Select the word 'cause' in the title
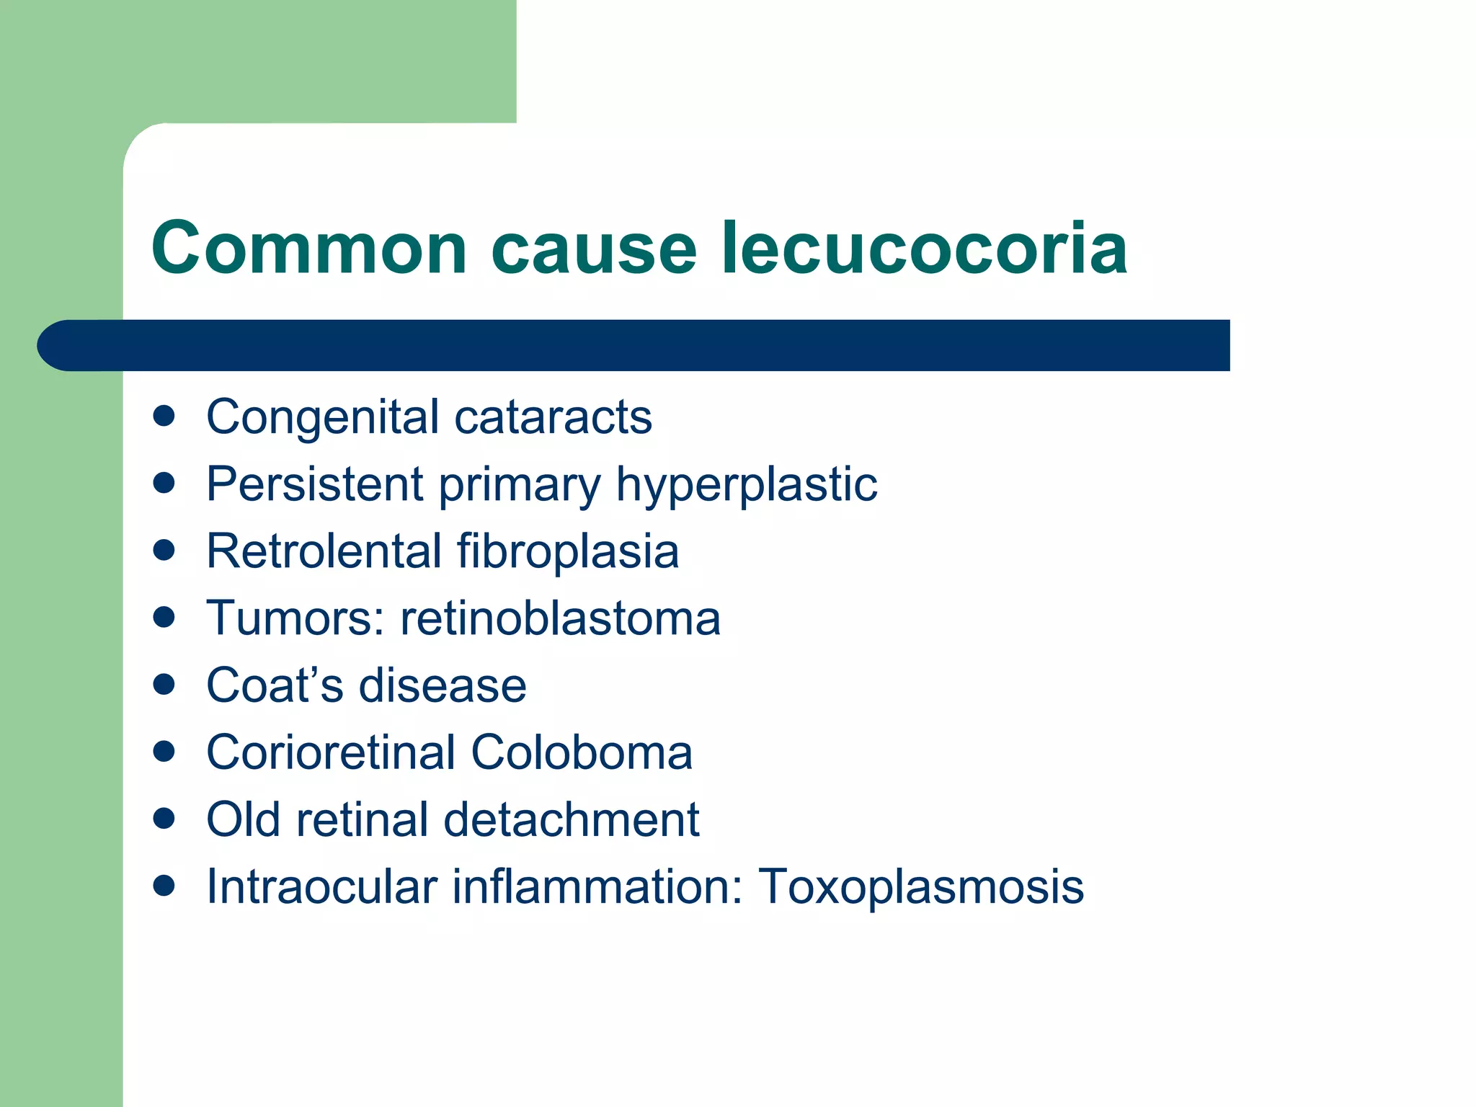[594, 249]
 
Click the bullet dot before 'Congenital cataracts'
[164, 416]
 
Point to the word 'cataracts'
[553, 417]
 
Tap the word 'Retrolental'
[324, 551]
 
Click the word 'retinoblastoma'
[560, 618]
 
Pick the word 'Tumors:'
[295, 618]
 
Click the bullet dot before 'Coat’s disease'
[164, 684]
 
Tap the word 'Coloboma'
[582, 752]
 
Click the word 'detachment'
[571, 819]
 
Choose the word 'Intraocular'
[321, 886]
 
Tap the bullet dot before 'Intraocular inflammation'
[164, 885]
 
